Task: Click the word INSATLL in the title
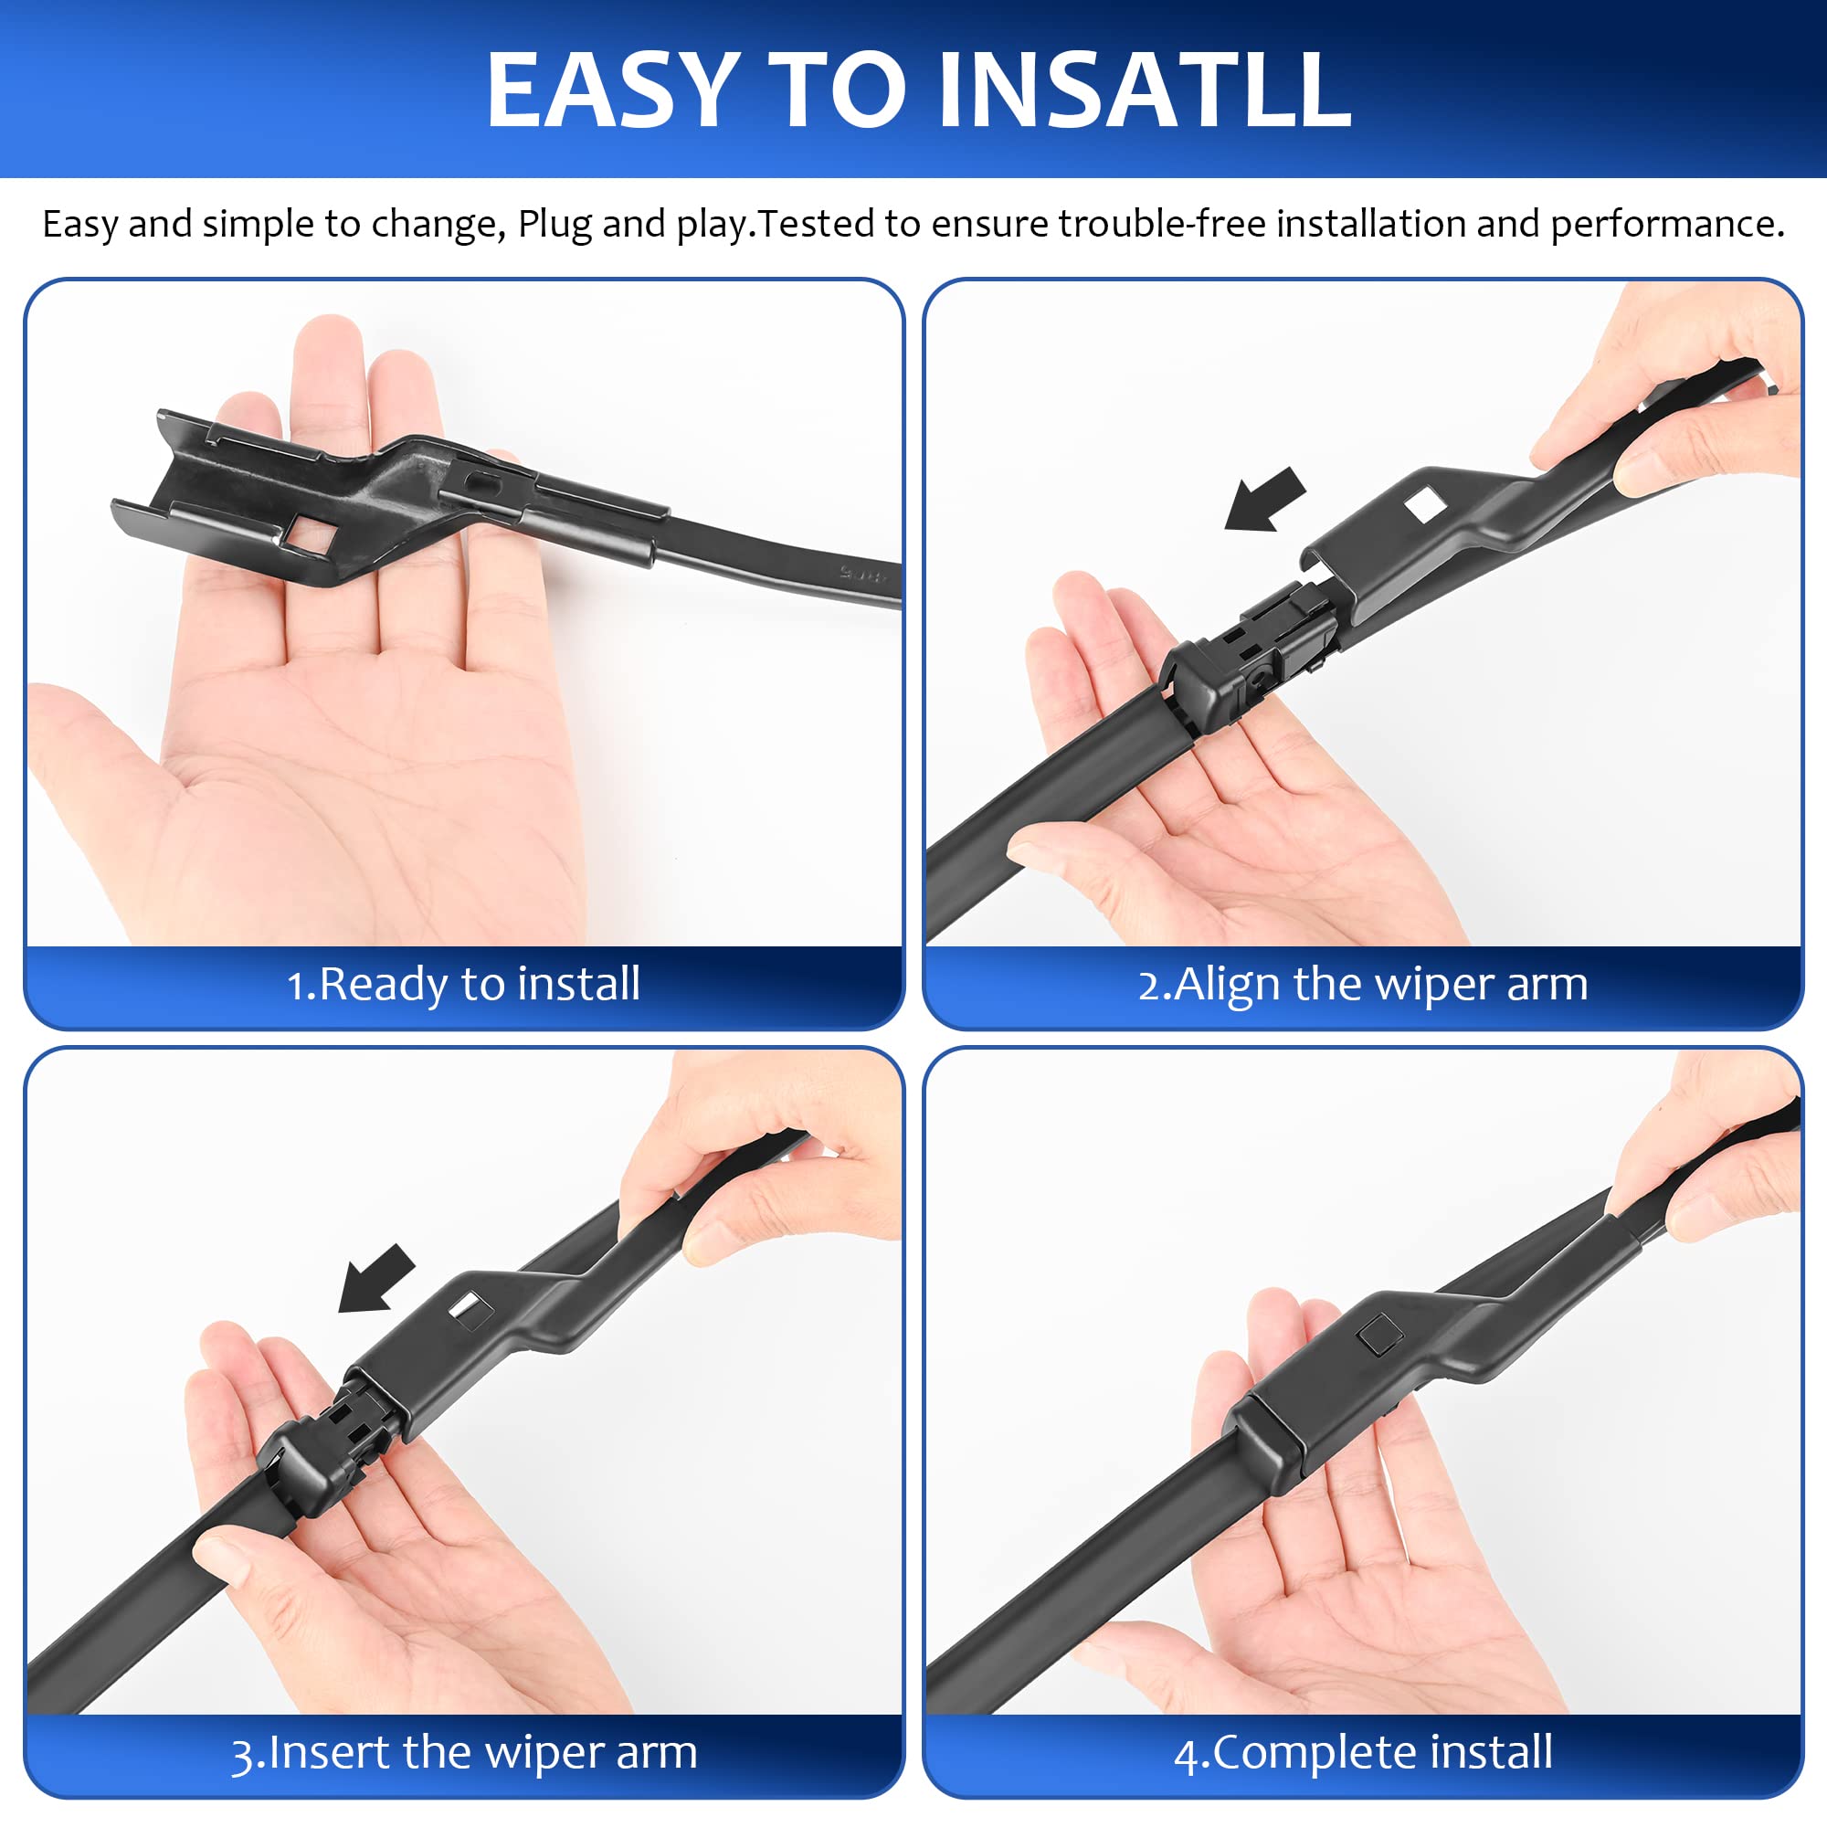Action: click(x=1145, y=90)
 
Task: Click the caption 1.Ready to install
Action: click(x=463, y=984)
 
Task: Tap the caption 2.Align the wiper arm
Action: click(x=1363, y=984)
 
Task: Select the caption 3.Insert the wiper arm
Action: click(x=463, y=1752)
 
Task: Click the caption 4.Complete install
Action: click(x=1363, y=1752)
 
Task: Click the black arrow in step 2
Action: click(x=1265, y=500)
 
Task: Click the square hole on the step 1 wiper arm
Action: click(x=310, y=536)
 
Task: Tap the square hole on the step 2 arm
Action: click(x=1425, y=506)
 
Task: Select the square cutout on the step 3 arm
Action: click(x=470, y=1311)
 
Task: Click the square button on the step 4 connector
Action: click(x=1378, y=1336)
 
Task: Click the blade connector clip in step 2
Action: click(x=1248, y=652)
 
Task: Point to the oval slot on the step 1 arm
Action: click(x=481, y=481)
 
